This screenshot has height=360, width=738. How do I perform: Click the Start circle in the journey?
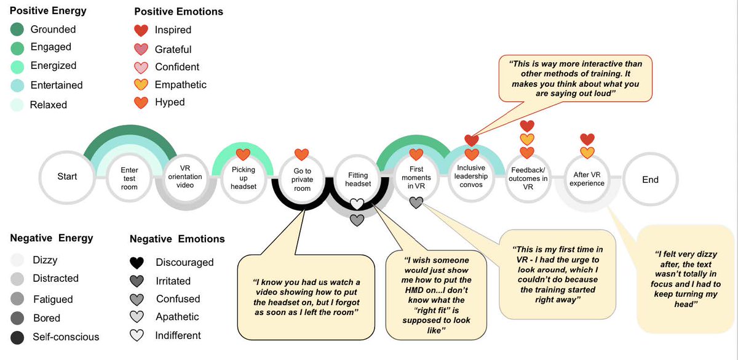click(67, 177)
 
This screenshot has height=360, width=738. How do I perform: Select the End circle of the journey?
click(650, 180)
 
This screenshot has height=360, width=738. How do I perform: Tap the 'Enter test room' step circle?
click(130, 178)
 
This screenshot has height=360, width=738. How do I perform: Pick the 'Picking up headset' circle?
click(244, 178)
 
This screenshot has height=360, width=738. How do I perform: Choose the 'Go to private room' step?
click(301, 180)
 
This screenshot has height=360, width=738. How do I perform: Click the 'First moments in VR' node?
click(416, 178)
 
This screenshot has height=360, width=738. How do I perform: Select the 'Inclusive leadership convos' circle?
click(471, 177)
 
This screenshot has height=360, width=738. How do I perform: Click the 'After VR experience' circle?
click(587, 178)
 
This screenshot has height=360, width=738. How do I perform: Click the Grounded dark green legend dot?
click(18, 29)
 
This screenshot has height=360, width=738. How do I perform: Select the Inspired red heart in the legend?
click(142, 30)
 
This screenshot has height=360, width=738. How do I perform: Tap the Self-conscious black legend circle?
click(18, 337)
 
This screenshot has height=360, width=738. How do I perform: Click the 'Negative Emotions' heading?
click(177, 239)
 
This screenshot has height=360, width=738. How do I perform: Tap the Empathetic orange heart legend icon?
click(142, 85)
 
